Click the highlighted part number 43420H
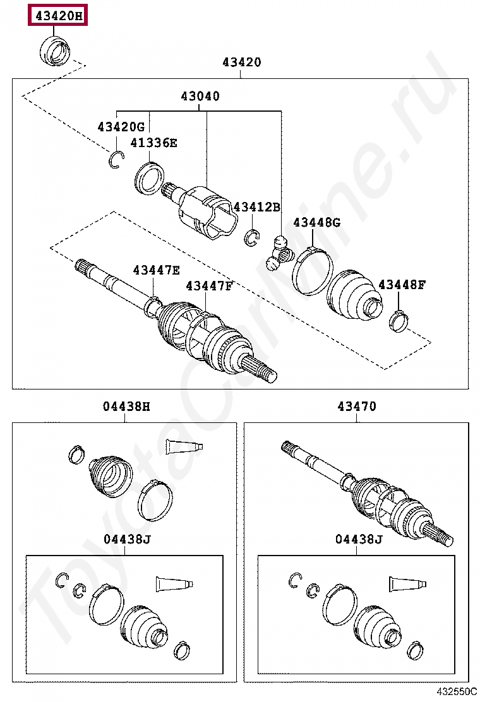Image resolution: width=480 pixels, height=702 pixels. tap(57, 16)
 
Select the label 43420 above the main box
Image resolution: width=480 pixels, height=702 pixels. tap(241, 62)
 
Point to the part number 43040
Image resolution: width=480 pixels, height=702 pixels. tap(200, 97)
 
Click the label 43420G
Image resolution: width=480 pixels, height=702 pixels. tap(121, 127)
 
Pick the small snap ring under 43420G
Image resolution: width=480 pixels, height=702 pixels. tap(114, 160)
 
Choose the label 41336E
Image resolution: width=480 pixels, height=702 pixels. tap(153, 143)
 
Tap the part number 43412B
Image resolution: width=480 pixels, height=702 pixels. tap(256, 207)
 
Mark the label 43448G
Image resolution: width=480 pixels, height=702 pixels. tap(316, 222)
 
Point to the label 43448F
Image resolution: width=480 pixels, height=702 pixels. tap(402, 285)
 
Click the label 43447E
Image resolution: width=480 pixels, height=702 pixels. tap(156, 270)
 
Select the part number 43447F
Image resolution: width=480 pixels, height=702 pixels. tap(209, 286)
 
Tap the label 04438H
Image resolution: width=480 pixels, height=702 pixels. tap(126, 407)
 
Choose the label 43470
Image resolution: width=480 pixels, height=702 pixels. tap(356, 407)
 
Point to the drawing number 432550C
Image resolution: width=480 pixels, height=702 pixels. tap(455, 693)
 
